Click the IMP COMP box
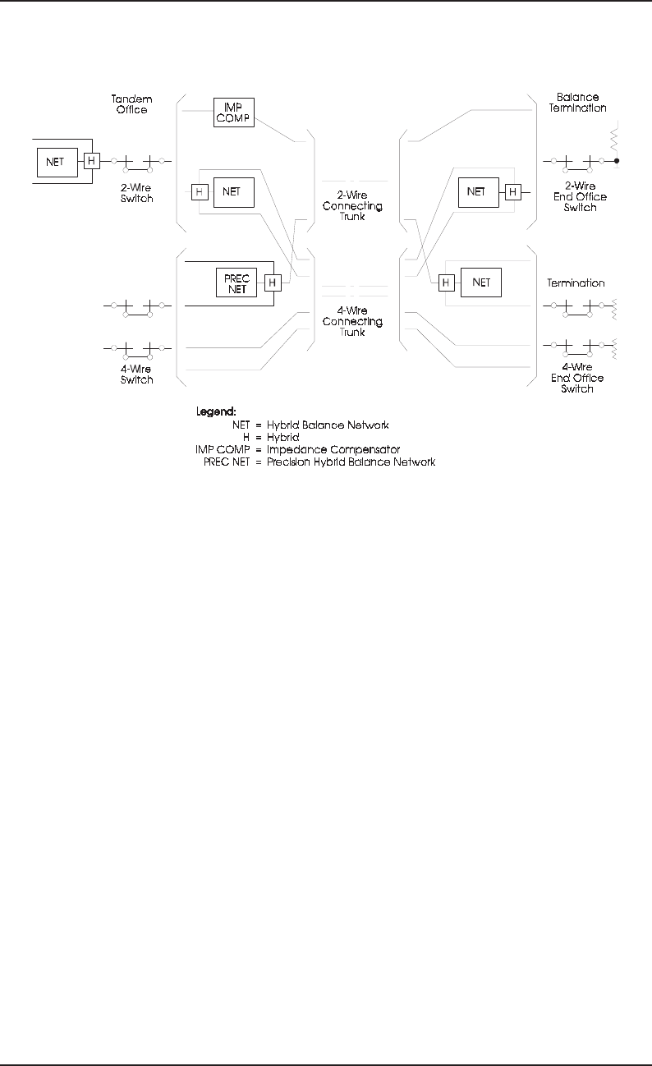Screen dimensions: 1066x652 (234, 112)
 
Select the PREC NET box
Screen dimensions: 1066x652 (236, 283)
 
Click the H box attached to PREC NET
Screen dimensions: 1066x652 (273, 283)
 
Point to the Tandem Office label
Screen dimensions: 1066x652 (131, 103)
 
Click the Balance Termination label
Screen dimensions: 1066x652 (577, 102)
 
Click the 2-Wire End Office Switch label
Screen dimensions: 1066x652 (580, 197)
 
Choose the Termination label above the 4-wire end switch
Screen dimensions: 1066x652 (576, 283)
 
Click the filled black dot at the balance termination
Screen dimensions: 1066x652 (617, 162)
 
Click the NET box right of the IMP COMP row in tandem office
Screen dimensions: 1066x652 (234, 192)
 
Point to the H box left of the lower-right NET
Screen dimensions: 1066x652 (446, 283)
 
